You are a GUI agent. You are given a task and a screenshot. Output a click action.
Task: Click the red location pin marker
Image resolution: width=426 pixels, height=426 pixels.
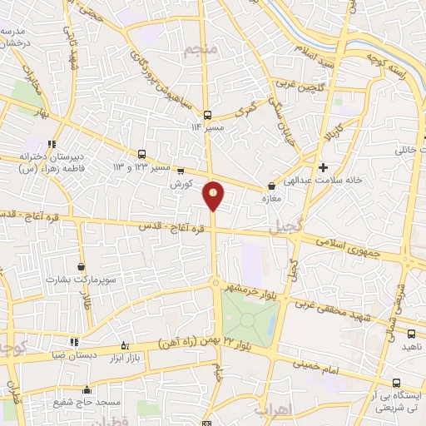click(x=214, y=194)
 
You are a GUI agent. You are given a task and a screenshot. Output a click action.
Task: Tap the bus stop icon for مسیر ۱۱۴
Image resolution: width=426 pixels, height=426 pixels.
click(x=207, y=116)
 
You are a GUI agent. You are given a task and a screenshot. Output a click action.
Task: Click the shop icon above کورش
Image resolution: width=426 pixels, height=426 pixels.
click(x=181, y=171)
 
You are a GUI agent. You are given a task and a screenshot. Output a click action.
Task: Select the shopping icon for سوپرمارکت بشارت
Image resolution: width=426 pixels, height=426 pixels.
click(x=81, y=266)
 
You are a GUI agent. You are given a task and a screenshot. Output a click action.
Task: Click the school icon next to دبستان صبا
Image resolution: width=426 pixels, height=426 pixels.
click(x=74, y=341)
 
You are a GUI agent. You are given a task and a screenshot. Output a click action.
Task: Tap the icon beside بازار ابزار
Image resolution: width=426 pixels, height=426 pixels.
click(x=125, y=345)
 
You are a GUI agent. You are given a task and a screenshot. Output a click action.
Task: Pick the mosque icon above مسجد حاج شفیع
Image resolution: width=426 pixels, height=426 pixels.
click(x=86, y=389)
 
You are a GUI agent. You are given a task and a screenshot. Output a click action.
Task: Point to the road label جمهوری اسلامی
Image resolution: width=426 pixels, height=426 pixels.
click(x=346, y=247)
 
